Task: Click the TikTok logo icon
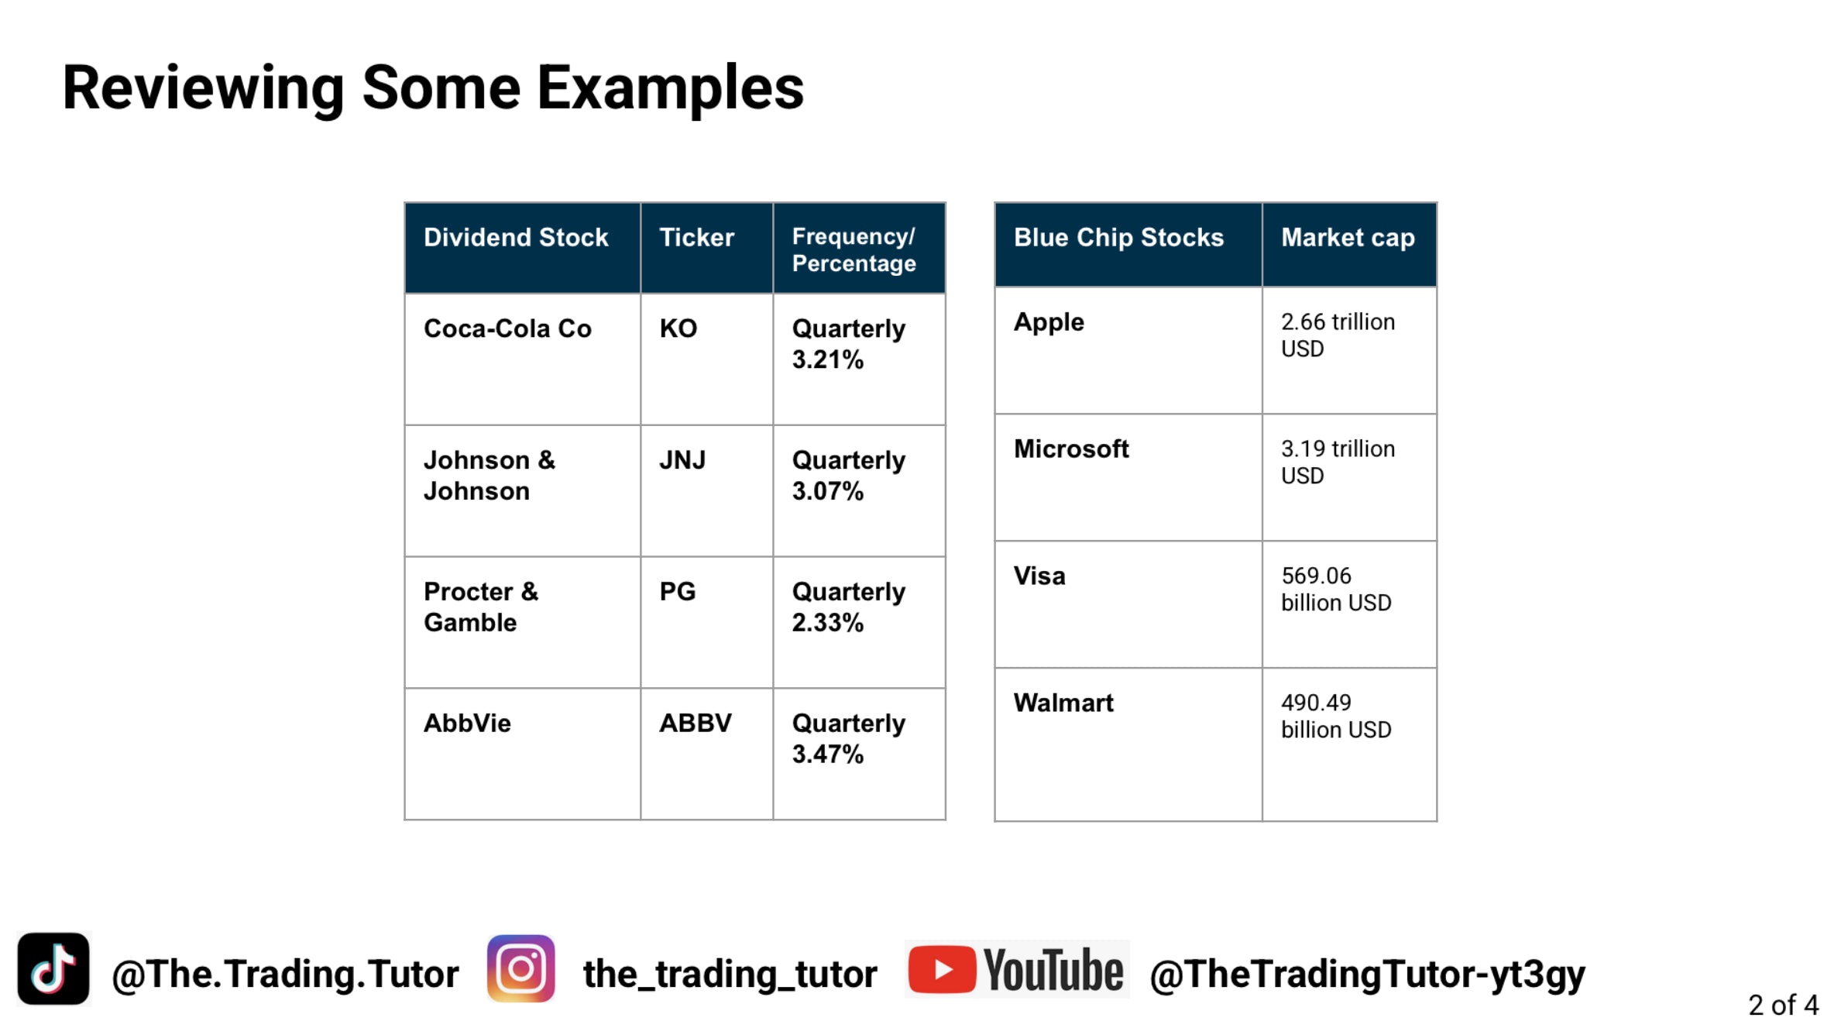click(53, 968)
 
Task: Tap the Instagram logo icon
click(521, 968)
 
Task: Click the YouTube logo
click(1017, 969)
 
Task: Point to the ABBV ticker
click(696, 724)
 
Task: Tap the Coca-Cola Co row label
click(507, 328)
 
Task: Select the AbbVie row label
click(467, 724)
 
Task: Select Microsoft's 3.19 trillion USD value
click(1338, 462)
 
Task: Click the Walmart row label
click(1063, 703)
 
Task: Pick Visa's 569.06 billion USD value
click(1336, 590)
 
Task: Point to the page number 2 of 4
click(1783, 1005)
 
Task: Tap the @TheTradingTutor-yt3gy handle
click(1368, 974)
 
